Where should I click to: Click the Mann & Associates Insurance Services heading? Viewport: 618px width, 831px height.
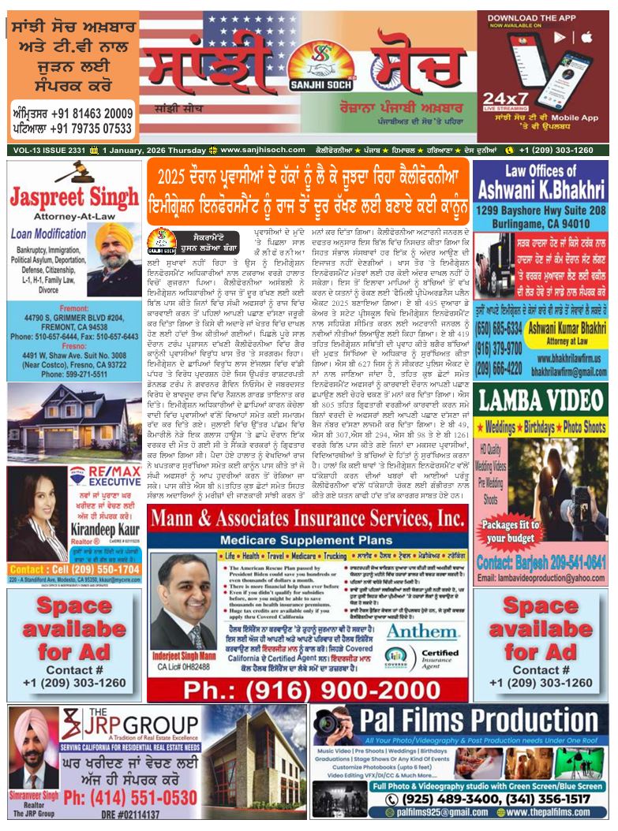pyautogui.click(x=306, y=520)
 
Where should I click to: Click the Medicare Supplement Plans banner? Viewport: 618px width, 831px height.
pyautogui.click(x=306, y=540)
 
